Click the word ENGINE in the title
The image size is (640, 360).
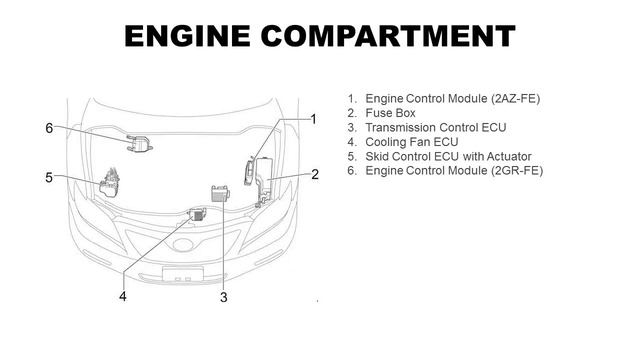click(187, 36)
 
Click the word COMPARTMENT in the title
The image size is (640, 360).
click(388, 36)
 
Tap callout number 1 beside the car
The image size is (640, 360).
click(313, 120)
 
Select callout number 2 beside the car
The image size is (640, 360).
click(315, 175)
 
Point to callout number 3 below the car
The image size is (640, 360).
click(224, 297)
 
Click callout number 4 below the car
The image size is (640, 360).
click(123, 296)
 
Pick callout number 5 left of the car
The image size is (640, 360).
click(49, 178)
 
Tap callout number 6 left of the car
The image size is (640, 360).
click(49, 128)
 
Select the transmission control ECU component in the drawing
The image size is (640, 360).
click(220, 193)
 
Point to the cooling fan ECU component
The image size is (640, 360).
click(197, 214)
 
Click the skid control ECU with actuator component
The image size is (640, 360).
click(109, 183)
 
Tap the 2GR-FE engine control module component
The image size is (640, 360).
click(139, 143)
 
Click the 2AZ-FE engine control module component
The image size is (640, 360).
click(249, 172)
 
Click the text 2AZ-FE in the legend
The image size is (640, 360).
click(516, 99)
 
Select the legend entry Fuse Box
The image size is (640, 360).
click(390, 113)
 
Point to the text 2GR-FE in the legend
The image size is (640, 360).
click(518, 171)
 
